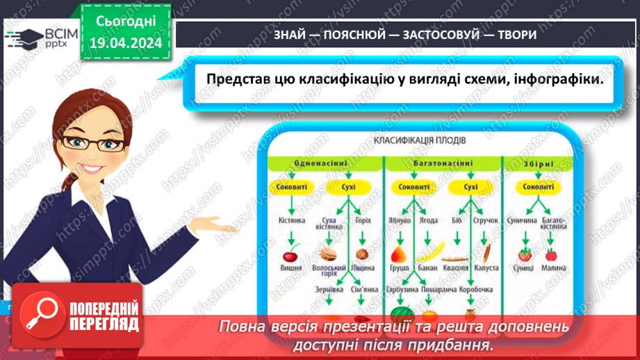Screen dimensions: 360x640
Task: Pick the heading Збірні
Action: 538,164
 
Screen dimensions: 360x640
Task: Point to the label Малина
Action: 555,268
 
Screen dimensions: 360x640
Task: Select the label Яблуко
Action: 400,221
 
